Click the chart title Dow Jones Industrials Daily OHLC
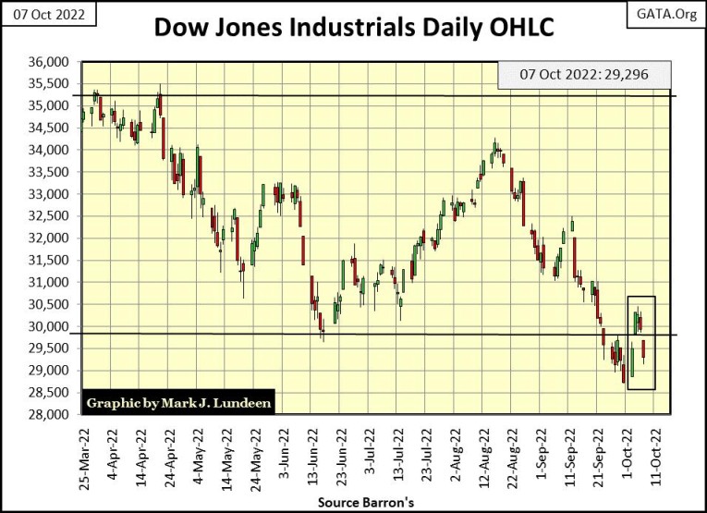pos(353,27)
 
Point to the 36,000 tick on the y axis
pos(51,62)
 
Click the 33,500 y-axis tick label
pos(51,172)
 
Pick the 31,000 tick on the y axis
pos(51,282)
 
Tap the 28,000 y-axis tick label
pos(51,414)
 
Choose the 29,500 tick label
pos(51,348)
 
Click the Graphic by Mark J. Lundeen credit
pos(179,403)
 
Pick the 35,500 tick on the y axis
pos(51,84)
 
